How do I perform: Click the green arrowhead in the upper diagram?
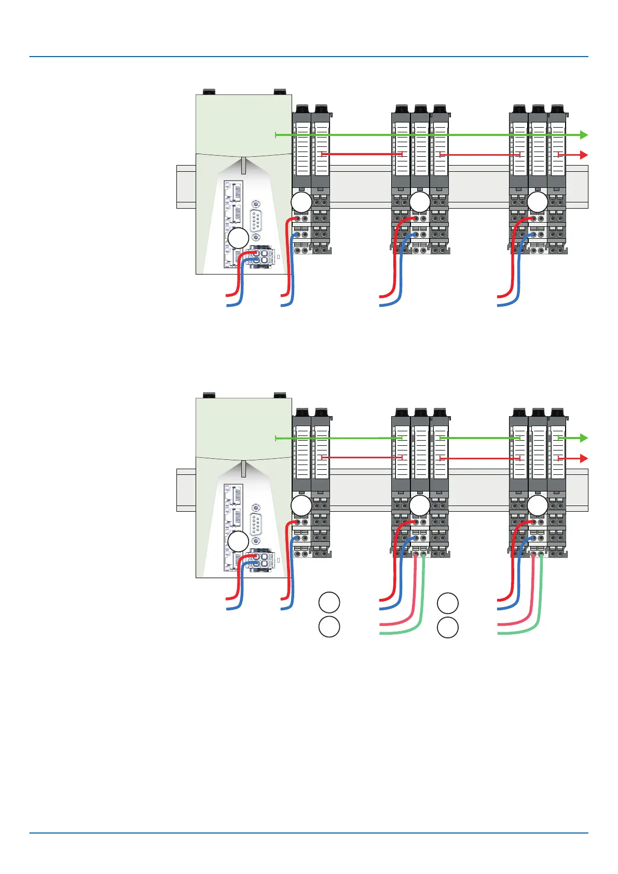[x=584, y=135]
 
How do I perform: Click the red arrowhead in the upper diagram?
[x=584, y=155]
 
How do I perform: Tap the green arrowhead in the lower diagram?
[x=584, y=438]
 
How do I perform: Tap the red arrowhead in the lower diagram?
[x=584, y=458]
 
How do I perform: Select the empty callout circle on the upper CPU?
[x=239, y=238]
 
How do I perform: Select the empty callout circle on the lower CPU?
[x=239, y=541]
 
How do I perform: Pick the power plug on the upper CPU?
[x=262, y=256]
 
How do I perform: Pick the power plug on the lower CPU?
[x=262, y=559]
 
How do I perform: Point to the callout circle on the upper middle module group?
[x=420, y=202]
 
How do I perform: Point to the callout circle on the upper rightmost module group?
[x=538, y=202]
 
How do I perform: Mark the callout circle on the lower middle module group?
[x=420, y=506]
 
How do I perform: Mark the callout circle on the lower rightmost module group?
[x=538, y=506]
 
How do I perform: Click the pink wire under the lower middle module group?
[x=414, y=597]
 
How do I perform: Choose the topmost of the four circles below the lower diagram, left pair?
[x=329, y=603]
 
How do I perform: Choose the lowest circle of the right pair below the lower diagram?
[x=447, y=627]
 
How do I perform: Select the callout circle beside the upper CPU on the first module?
[x=301, y=202]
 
